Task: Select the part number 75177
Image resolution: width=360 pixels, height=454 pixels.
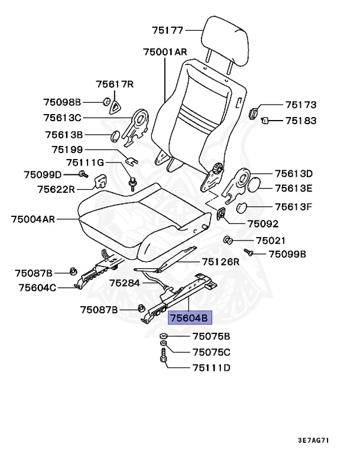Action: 168,29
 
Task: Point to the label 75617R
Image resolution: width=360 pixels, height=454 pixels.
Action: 115,85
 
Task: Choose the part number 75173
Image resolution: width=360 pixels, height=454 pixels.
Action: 301,105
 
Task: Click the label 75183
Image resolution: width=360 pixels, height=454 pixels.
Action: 301,121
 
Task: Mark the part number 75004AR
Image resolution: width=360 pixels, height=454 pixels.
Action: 33,219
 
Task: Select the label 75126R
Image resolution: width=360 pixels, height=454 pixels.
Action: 220,261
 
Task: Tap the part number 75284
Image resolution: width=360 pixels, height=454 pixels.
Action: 125,283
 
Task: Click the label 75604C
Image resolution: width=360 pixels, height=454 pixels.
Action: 37,288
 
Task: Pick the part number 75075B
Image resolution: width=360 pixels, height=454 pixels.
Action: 211,337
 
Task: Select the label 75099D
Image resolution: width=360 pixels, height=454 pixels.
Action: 43,174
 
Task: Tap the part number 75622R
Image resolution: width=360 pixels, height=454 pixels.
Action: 56,189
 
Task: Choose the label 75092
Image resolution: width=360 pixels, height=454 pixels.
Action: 262,224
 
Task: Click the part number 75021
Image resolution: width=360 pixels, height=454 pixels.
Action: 270,241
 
